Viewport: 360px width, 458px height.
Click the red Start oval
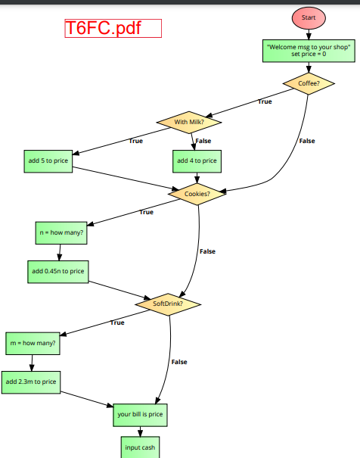(x=308, y=17)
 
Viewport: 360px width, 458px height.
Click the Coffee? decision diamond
(x=308, y=84)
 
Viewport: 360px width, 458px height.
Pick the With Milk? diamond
(x=188, y=122)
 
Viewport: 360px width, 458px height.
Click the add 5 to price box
(x=49, y=160)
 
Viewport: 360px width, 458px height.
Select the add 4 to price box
(x=197, y=160)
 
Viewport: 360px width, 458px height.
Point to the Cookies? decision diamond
(x=197, y=194)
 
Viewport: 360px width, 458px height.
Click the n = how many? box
(x=61, y=232)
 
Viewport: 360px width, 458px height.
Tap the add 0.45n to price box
(x=57, y=271)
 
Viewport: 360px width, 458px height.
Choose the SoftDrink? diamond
(x=168, y=304)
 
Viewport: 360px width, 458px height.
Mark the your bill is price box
(x=140, y=415)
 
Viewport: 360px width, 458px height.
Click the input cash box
(x=140, y=448)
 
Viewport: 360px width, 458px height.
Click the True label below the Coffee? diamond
(x=265, y=101)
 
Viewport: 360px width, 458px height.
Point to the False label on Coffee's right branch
(x=306, y=141)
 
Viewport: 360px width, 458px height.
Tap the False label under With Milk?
(x=203, y=141)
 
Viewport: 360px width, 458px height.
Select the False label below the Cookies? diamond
(x=207, y=251)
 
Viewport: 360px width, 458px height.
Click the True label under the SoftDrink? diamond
(x=117, y=322)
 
